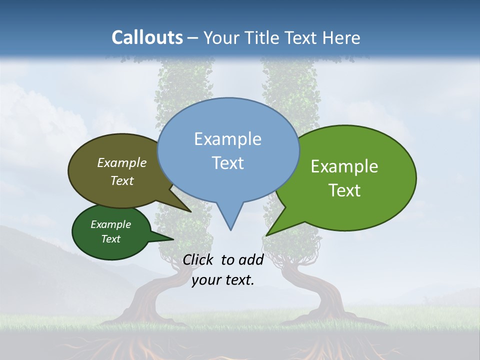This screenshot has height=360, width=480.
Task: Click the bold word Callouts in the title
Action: click(147, 37)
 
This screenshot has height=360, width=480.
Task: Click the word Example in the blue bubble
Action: click(227, 139)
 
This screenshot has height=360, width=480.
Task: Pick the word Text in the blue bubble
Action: click(227, 163)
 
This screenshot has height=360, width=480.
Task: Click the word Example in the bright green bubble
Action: click(344, 166)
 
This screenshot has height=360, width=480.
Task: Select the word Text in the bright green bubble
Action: click(344, 190)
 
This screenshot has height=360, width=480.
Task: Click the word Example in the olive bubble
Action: click(122, 163)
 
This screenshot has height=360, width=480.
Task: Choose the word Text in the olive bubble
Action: click(122, 180)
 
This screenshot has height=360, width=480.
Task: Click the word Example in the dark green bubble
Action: click(110, 224)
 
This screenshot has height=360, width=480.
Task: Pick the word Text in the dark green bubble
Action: click(110, 239)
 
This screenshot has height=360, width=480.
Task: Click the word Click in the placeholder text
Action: click(198, 259)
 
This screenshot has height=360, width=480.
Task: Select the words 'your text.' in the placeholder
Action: click(223, 280)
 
